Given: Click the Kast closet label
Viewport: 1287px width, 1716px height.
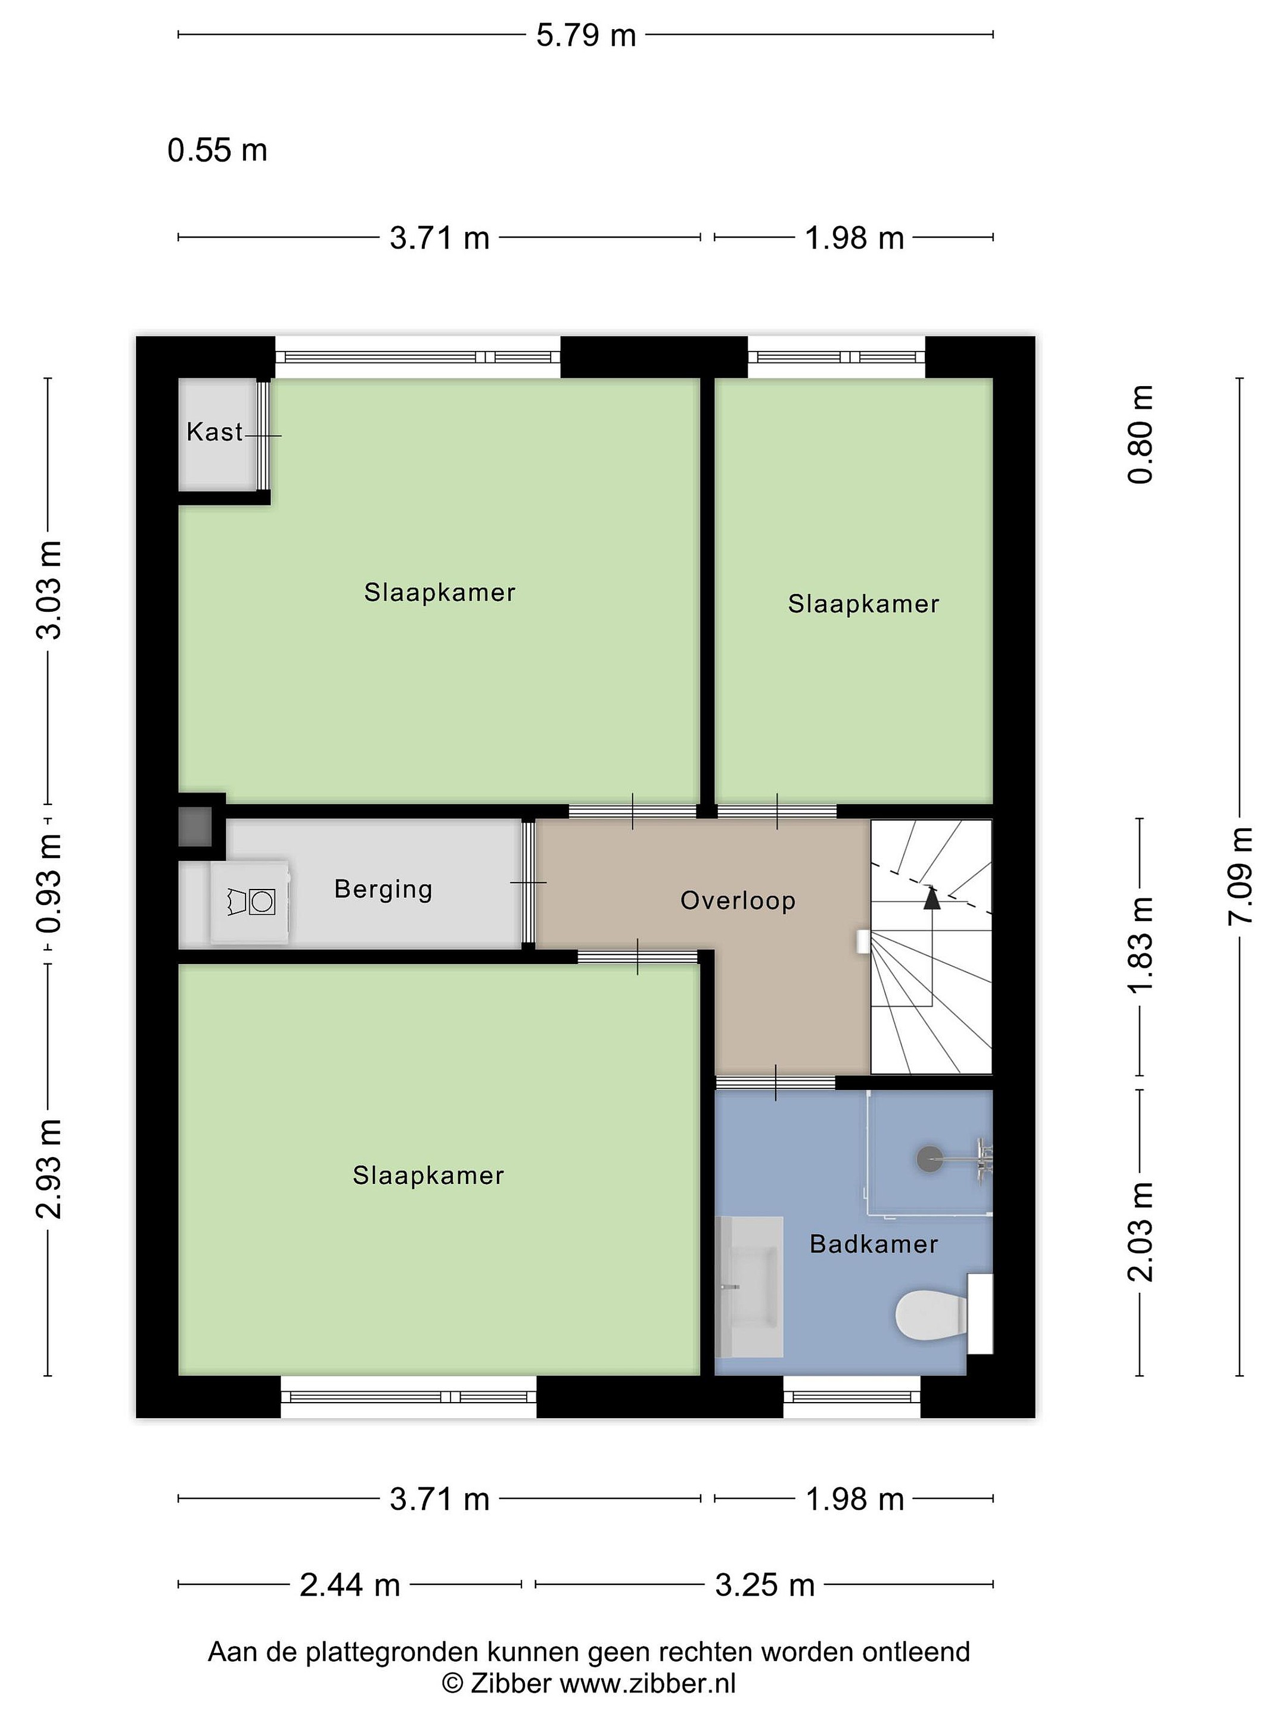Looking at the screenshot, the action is point(214,431).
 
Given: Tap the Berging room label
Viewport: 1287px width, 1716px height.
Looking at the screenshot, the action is point(383,889).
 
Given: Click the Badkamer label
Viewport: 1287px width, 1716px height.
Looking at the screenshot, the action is point(873,1244).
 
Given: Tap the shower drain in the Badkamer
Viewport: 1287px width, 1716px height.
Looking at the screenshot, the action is point(928,1159).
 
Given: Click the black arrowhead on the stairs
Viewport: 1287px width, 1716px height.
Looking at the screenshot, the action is point(932,899).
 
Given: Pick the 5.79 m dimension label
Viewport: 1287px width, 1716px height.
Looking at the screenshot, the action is point(586,36).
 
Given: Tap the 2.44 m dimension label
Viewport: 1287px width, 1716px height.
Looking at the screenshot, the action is point(350,1585).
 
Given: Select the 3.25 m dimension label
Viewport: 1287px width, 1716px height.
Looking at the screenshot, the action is point(765,1585).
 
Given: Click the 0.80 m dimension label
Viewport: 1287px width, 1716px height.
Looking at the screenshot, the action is point(1140,434).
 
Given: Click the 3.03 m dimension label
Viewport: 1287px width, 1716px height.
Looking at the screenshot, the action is point(48,590).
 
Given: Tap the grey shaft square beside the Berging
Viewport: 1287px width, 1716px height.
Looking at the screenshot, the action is point(195,827).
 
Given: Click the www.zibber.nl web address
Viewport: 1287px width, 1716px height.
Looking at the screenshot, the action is point(648,1683).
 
